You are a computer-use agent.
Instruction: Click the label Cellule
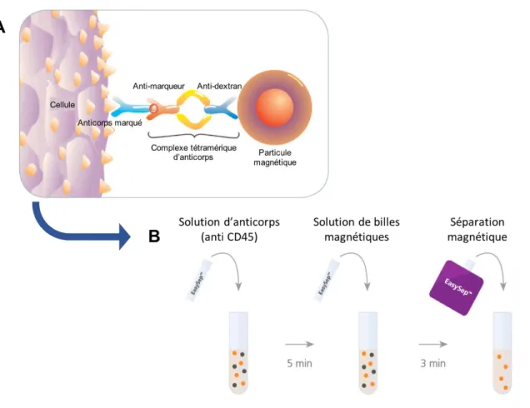tap(62, 105)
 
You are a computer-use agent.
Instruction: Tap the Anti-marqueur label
tap(158, 86)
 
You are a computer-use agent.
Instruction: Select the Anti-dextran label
tap(219, 86)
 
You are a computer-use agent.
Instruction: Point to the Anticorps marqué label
tap(110, 122)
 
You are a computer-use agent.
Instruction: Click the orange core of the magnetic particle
tap(274, 107)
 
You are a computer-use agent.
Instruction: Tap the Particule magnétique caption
tap(275, 157)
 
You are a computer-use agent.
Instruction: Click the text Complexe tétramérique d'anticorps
tap(193, 152)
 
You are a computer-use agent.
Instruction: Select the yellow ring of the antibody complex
tap(193, 109)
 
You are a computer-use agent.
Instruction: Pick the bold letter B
tap(154, 236)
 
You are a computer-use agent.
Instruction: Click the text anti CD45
tap(229, 236)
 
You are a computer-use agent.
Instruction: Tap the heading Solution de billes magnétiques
tap(357, 229)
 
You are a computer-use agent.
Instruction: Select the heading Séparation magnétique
tap(477, 229)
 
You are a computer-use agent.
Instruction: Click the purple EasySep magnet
tap(457, 287)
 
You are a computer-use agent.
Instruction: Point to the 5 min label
tap(299, 363)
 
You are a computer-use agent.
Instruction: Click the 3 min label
tap(433, 363)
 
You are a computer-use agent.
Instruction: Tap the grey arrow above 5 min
tap(300, 344)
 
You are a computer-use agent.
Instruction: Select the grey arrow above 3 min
tap(433, 344)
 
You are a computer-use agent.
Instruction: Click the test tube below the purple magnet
tap(502, 352)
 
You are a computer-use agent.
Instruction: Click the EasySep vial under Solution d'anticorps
tap(199, 280)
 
